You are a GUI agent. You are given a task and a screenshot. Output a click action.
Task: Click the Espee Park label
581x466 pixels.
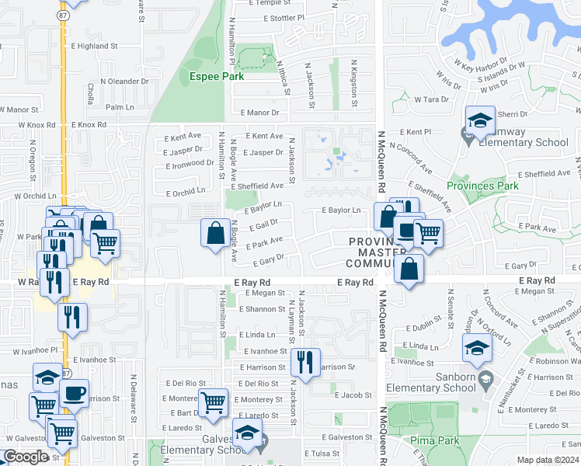click(x=217, y=76)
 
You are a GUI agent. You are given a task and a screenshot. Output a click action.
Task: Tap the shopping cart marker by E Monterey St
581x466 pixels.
click(x=213, y=402)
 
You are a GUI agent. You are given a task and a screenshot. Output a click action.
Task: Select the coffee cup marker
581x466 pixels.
click(x=75, y=392)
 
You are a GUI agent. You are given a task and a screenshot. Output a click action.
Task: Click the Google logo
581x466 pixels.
click(x=25, y=457)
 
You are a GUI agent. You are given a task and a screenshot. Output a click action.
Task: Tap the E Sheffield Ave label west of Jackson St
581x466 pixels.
click(x=259, y=186)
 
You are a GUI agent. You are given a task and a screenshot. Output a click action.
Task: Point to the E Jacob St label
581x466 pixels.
click(x=353, y=395)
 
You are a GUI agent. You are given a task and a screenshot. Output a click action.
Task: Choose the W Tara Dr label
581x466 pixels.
click(x=432, y=99)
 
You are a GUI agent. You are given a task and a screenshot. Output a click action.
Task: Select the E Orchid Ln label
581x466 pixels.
click(x=186, y=190)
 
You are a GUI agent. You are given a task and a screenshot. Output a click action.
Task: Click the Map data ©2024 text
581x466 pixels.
click(x=548, y=460)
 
